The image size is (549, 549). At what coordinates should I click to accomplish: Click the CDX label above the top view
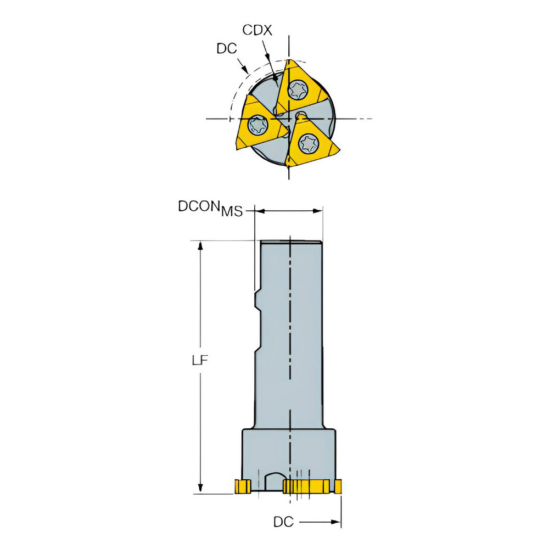coord(257,30)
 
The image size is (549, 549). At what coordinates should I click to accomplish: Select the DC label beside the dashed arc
coord(226,48)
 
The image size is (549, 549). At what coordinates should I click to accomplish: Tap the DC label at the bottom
coord(283,522)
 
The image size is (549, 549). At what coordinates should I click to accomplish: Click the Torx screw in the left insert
coord(256,125)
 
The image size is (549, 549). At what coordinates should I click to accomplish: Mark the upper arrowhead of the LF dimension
coord(201,245)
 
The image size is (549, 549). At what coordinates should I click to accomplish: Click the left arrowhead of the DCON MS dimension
coord(260,211)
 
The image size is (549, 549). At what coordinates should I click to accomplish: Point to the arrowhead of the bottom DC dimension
coord(336,523)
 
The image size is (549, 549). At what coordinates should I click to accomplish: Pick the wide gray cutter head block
coord(289,453)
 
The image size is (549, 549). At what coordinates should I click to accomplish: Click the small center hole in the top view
coord(301,116)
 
